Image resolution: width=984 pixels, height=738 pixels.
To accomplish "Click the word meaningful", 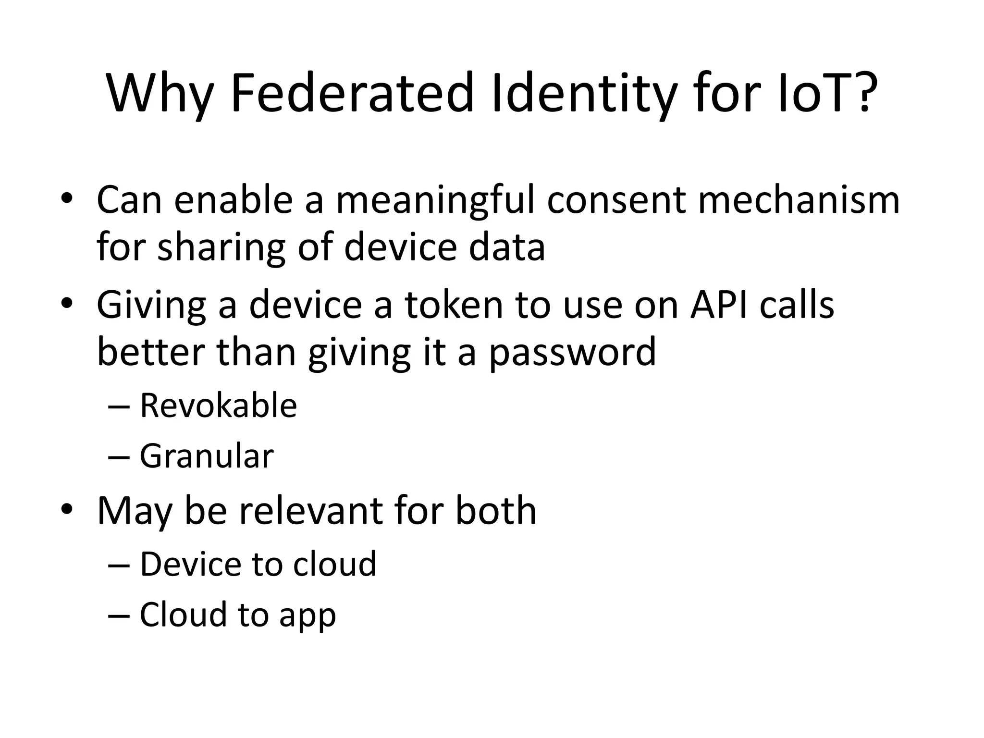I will (435, 201).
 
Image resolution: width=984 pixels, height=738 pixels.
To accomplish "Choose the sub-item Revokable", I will (218, 406).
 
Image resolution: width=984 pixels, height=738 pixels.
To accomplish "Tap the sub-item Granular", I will (207, 456).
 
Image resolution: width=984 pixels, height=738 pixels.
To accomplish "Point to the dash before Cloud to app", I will (119, 615).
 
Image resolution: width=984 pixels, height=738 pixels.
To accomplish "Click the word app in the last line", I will (307, 616).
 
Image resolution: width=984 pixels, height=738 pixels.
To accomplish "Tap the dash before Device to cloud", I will (119, 565).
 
